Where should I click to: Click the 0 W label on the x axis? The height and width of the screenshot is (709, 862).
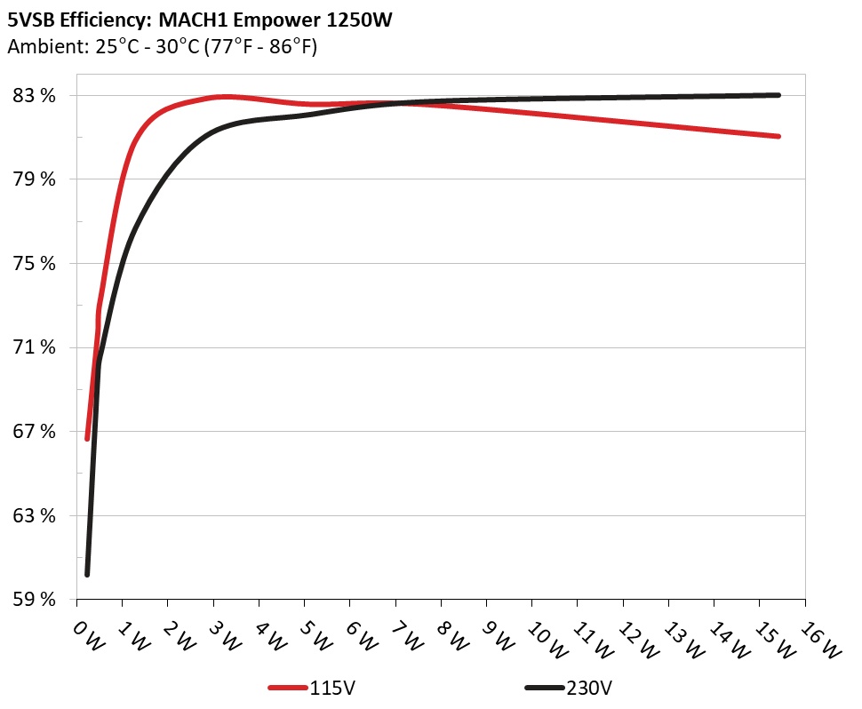86,634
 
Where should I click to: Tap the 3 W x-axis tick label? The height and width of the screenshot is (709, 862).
222,634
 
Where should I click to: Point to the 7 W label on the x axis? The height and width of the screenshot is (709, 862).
404,634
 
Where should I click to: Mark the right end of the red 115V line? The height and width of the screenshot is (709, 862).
778,136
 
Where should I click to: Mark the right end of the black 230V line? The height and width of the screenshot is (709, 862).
778,95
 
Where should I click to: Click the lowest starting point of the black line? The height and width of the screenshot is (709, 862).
87,574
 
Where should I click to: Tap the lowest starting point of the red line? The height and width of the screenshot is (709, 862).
87,438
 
